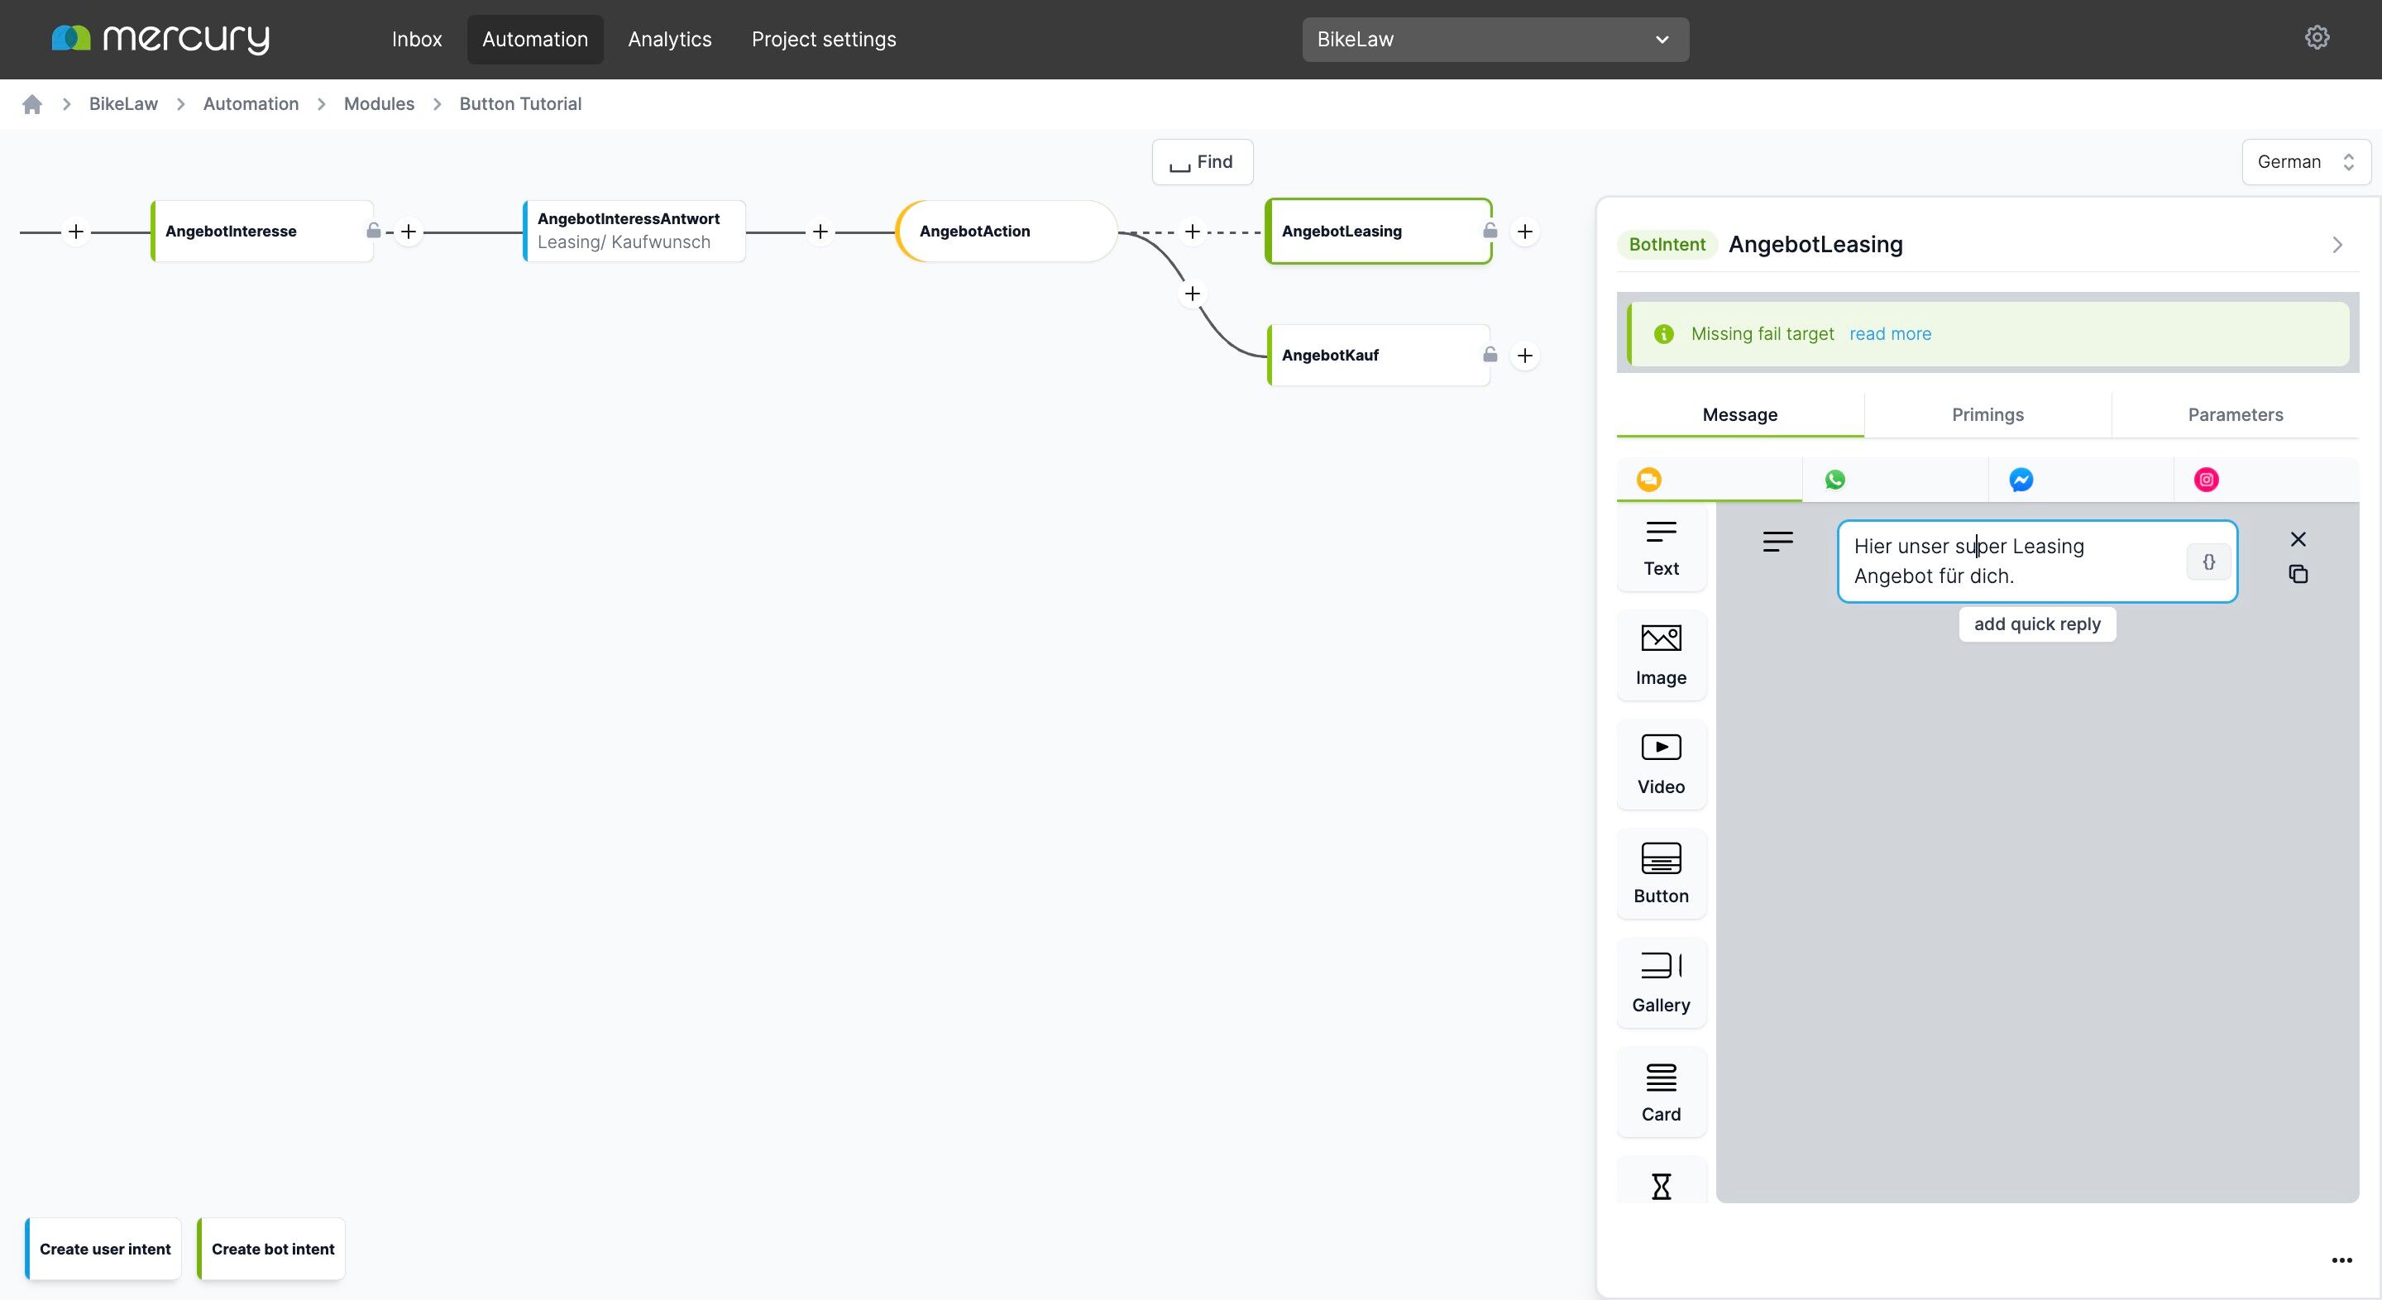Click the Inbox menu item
(x=416, y=39)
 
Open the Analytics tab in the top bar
(x=669, y=39)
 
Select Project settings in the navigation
(x=823, y=39)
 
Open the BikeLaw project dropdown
(x=1495, y=40)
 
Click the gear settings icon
(x=2317, y=38)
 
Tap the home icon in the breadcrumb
(x=32, y=103)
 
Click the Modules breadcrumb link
(x=379, y=103)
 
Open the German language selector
(x=2305, y=162)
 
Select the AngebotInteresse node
(x=261, y=232)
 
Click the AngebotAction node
(x=1006, y=232)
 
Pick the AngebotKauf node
(x=1378, y=355)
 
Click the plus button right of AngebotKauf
(x=1525, y=355)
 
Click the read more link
(x=1890, y=334)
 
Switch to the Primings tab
(x=1987, y=414)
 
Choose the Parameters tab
(x=2235, y=414)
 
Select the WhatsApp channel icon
(x=1834, y=479)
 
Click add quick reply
(x=2037, y=624)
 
